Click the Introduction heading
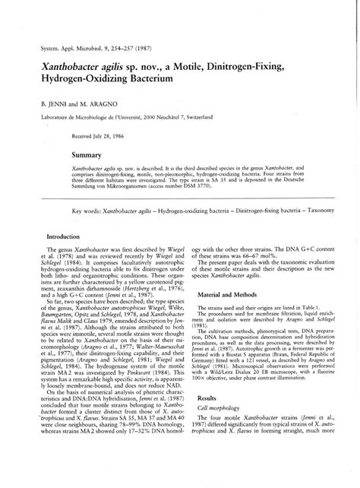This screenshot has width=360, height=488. point(68,237)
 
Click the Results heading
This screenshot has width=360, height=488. point(207,419)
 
